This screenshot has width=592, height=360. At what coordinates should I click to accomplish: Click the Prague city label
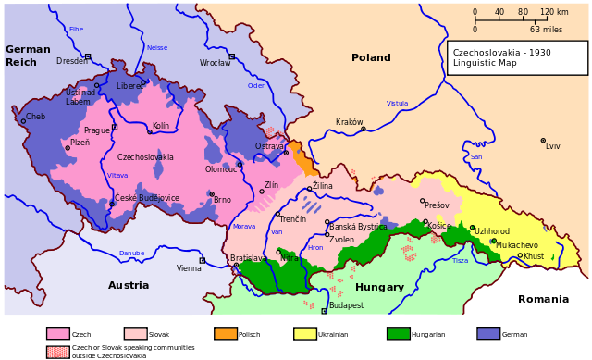96,130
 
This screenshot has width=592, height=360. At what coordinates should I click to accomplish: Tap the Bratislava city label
247,258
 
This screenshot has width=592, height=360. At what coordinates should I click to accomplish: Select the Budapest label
346,305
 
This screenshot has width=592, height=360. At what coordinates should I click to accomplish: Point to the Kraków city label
349,122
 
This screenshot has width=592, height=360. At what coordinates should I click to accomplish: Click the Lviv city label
552,146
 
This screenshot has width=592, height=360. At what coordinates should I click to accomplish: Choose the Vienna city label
189,268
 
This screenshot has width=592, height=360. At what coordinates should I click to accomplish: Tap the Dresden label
71,61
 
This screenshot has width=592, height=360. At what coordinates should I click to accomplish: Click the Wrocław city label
215,63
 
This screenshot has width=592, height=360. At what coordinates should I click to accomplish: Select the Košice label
438,226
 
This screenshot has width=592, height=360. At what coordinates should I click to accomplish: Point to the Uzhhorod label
492,231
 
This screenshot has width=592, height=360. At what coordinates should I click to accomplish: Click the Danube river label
131,253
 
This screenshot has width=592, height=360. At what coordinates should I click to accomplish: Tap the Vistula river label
397,103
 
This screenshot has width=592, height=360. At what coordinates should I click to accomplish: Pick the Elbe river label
76,30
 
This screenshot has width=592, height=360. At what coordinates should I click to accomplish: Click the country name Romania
543,299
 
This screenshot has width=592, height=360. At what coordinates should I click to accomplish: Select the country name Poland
371,57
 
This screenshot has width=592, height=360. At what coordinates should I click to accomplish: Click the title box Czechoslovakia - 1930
517,57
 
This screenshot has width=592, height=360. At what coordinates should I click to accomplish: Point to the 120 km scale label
554,13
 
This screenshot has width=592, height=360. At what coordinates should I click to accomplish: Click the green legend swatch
399,333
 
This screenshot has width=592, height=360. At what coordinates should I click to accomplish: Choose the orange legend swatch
226,333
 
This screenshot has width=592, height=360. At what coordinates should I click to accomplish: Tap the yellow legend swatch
305,333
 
